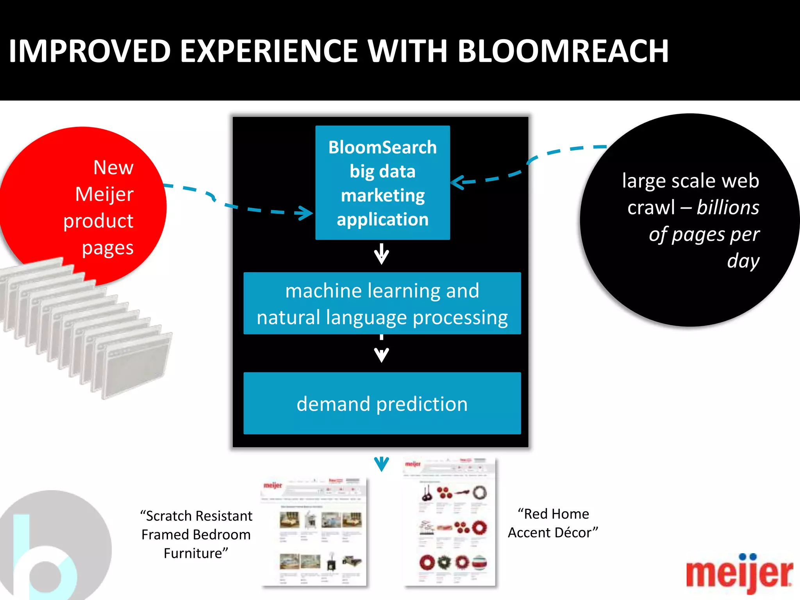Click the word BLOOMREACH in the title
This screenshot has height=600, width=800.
pyautogui.click(x=563, y=51)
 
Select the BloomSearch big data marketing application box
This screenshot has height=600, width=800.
pyautogui.click(x=382, y=182)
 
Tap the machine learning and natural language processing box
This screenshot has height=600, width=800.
pyautogui.click(x=382, y=304)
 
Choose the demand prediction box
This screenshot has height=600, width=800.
pyautogui.click(x=382, y=404)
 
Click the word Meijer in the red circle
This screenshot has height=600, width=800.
pyautogui.click(x=104, y=194)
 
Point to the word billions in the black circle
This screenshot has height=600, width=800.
pyautogui.click(x=728, y=207)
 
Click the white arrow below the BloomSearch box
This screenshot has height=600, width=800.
pyautogui.click(x=382, y=255)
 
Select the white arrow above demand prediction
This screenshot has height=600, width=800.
pyautogui.click(x=382, y=352)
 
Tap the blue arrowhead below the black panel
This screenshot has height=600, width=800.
pyautogui.click(x=382, y=464)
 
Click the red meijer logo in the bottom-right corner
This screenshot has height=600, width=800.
pyautogui.click(x=739, y=573)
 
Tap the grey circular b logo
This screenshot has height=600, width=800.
pyautogui.click(x=55, y=547)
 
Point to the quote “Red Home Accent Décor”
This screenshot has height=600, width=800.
pyautogui.click(x=553, y=523)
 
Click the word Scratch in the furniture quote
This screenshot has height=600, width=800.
pyautogui.click(x=169, y=516)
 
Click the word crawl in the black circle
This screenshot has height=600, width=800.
pyautogui.click(x=651, y=207)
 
